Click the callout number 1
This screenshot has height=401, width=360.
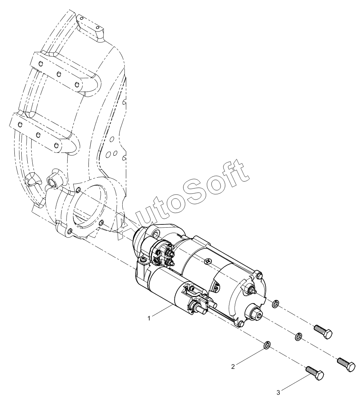149,318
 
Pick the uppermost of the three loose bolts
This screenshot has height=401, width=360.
323,332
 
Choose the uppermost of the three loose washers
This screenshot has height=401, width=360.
275,304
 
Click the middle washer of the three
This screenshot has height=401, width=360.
298,337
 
